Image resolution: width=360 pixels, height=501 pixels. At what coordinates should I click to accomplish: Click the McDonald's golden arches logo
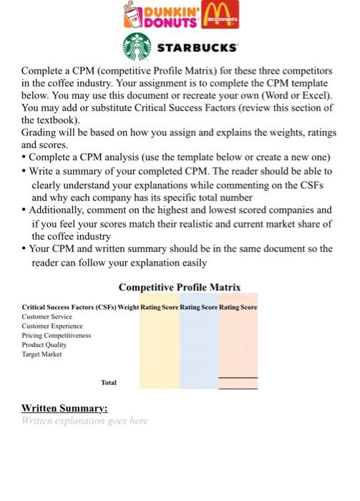220,14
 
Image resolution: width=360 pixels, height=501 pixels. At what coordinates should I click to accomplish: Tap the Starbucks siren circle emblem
136,48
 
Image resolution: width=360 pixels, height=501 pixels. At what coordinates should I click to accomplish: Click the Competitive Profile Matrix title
180,288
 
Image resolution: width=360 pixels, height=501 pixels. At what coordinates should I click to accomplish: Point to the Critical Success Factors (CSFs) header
73,307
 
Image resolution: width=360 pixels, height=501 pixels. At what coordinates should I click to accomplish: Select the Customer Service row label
47,316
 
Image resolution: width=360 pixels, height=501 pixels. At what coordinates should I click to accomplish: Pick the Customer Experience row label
52,326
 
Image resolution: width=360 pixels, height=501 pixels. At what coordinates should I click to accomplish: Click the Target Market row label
42,354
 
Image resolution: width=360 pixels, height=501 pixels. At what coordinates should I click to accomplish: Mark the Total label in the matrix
109,383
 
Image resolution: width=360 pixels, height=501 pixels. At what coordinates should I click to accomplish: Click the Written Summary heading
65,408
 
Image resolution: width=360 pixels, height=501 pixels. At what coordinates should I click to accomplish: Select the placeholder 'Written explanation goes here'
85,421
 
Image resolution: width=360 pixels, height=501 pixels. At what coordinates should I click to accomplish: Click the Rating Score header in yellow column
160,307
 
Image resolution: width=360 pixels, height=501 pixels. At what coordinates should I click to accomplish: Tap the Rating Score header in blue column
199,307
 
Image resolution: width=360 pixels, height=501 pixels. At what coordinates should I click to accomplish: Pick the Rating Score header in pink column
238,307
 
